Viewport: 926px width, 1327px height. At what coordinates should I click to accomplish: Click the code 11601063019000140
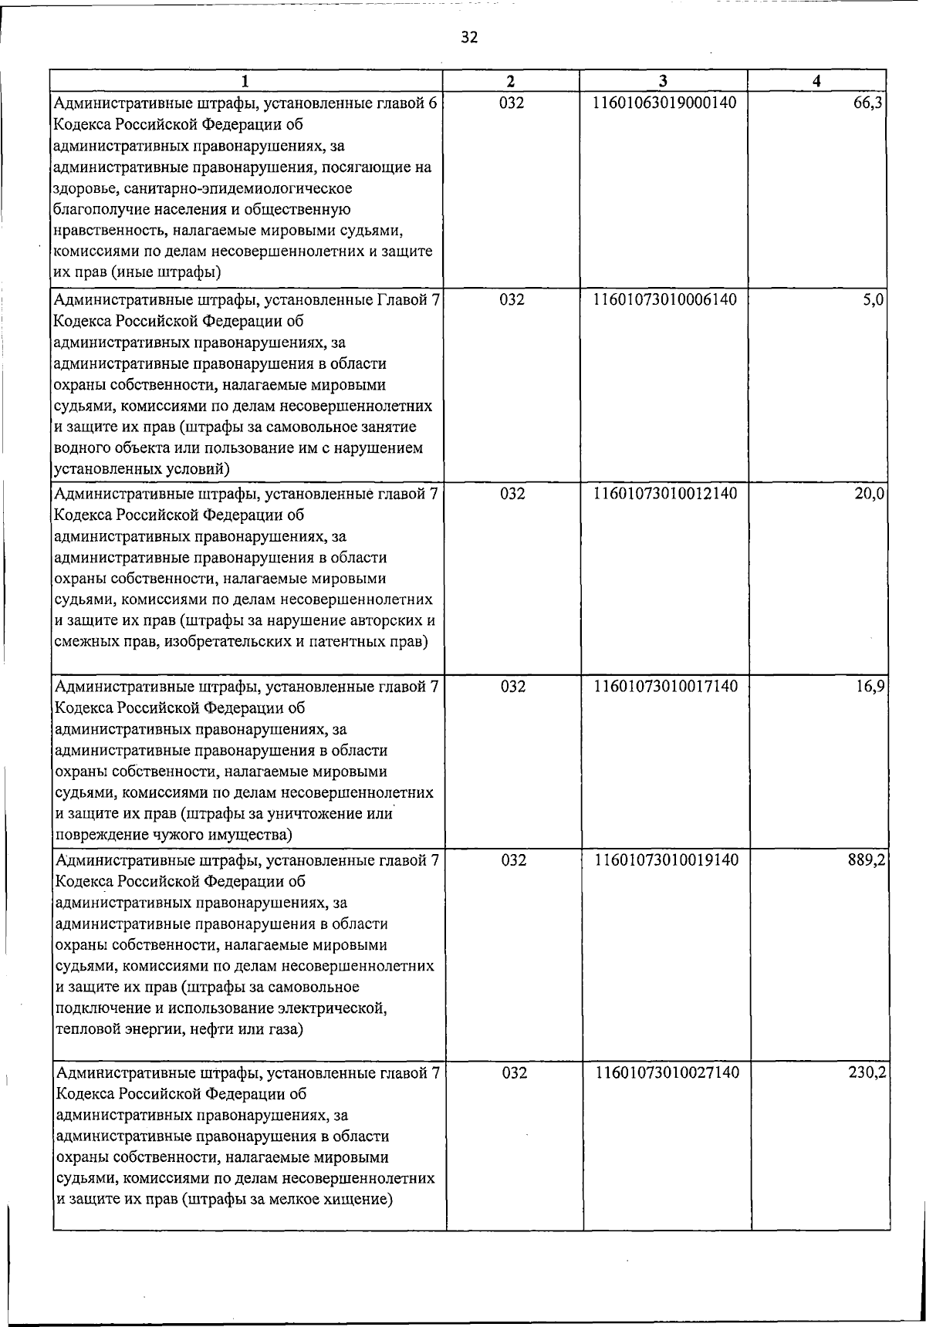(x=664, y=104)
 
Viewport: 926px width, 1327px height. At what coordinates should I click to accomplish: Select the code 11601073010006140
(x=664, y=300)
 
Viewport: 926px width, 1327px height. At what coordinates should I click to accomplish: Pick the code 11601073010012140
(x=664, y=494)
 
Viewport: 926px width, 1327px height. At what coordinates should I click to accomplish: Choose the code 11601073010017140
(x=664, y=686)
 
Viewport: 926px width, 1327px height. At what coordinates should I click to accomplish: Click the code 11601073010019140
(x=664, y=859)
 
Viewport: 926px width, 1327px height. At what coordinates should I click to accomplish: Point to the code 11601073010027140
(x=664, y=1073)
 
